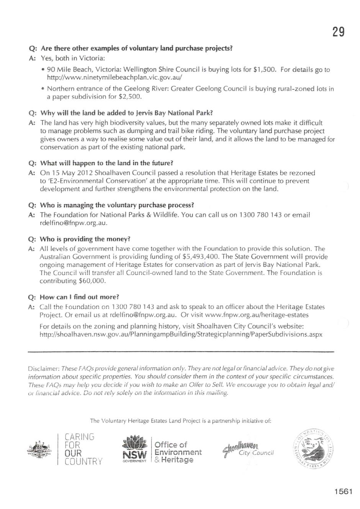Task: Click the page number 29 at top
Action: (x=339, y=32)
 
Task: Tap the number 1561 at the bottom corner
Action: (x=343, y=492)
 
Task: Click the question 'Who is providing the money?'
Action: (x=85, y=239)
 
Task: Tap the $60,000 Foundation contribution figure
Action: (x=92, y=281)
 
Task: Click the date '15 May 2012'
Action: (x=72, y=173)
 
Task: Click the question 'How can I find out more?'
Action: (x=79, y=297)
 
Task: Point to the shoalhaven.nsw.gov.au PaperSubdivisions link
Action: (x=181, y=334)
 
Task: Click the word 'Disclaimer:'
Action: (x=44, y=369)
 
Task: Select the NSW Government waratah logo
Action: (x=134, y=449)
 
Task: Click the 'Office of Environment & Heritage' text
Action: (x=178, y=452)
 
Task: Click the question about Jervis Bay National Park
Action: (x=126, y=113)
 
